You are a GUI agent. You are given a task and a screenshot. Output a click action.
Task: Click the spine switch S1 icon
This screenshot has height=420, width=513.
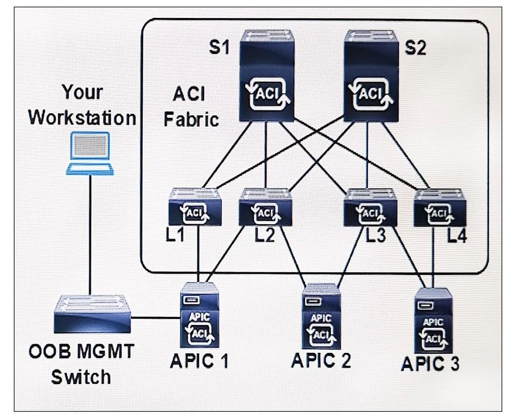(267, 76)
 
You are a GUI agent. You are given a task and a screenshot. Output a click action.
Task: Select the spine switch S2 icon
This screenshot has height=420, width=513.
(371, 76)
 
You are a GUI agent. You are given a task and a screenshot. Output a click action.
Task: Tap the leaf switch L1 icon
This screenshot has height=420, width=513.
(195, 207)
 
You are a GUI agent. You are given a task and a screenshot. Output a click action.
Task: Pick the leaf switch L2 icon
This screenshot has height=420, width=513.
(265, 207)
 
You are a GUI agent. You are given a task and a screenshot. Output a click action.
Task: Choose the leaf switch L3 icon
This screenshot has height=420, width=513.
(370, 207)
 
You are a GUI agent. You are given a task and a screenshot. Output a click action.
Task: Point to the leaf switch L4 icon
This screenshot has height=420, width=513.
(440, 208)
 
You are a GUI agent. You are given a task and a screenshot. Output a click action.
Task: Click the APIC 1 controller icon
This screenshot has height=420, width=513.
(199, 315)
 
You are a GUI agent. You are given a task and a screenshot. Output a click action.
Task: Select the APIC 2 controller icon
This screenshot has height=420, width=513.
(321, 316)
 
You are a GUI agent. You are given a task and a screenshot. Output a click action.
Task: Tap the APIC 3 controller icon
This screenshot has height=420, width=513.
(434, 321)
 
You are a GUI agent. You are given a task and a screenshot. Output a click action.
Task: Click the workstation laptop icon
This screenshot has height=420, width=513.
(90, 153)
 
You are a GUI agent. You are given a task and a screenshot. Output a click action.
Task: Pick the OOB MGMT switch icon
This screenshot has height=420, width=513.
(92, 314)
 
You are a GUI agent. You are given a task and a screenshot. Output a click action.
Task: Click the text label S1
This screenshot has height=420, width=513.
(219, 47)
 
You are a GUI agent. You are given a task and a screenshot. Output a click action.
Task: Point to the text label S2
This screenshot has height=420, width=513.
(416, 48)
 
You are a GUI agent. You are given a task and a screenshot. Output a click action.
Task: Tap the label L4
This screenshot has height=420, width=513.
(457, 235)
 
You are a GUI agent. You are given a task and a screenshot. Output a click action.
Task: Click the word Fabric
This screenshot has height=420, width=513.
(191, 119)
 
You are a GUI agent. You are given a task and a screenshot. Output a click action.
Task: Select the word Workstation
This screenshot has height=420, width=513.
(82, 118)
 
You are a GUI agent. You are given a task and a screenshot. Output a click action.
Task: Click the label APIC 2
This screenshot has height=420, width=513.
(321, 361)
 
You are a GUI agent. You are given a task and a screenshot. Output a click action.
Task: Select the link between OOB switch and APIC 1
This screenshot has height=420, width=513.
(155, 317)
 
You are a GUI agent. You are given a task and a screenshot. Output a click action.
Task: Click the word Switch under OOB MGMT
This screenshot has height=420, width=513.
(81, 377)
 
